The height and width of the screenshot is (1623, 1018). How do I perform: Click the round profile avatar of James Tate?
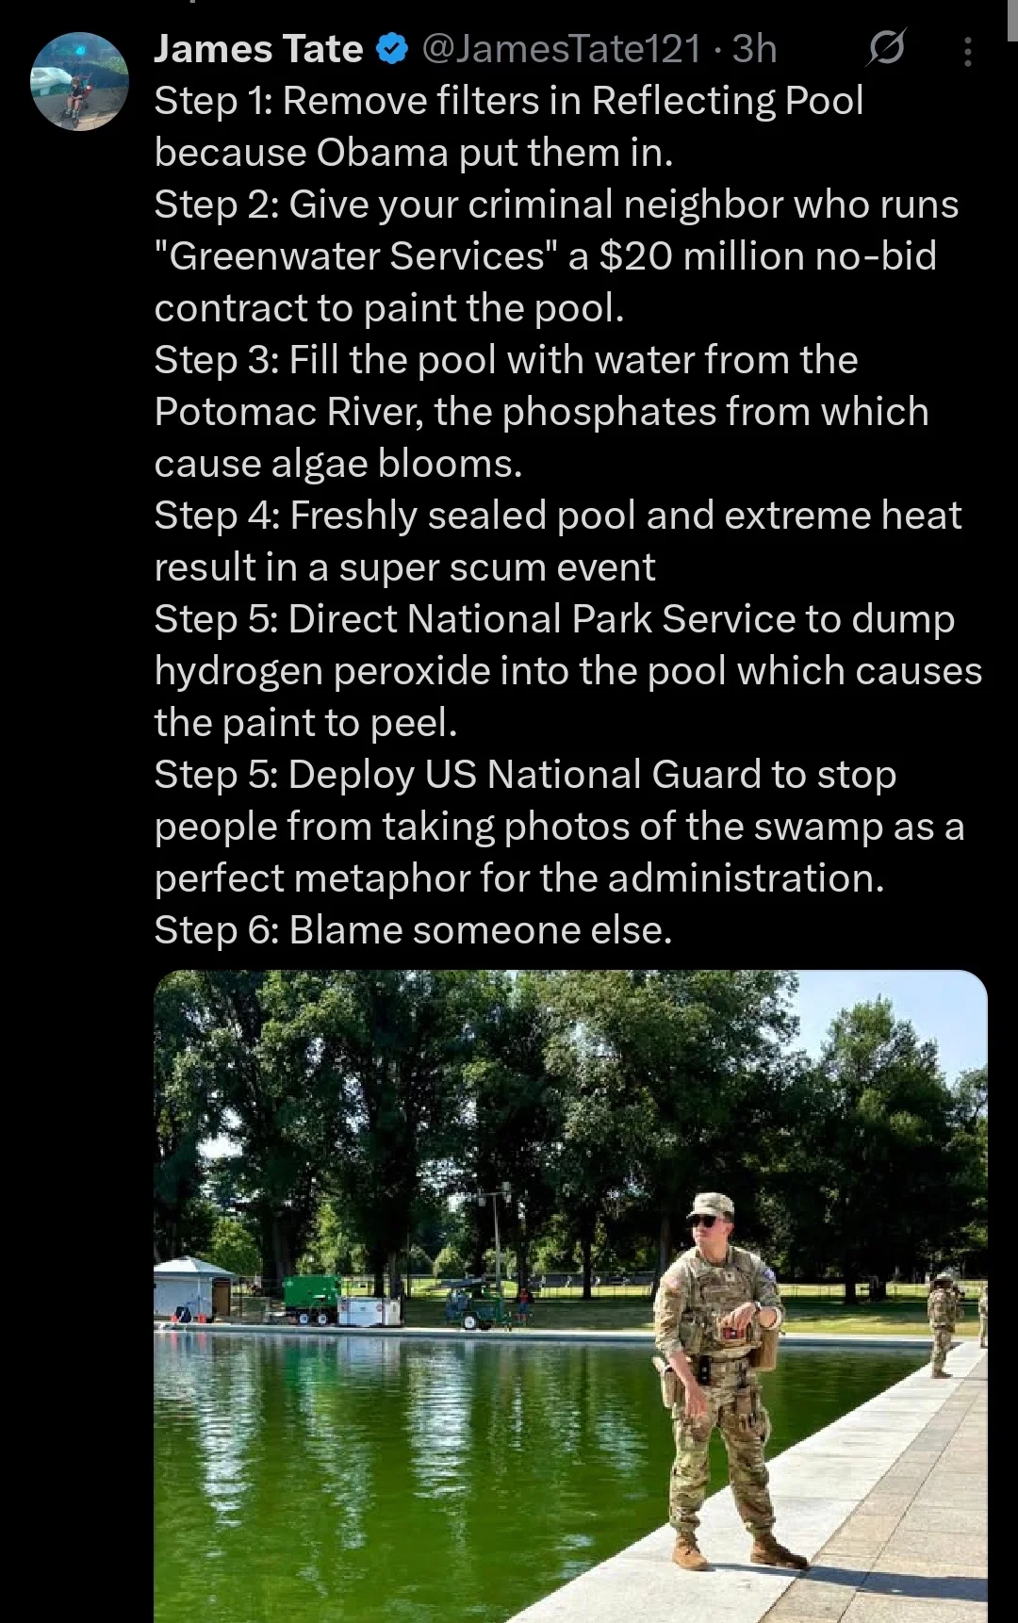79,81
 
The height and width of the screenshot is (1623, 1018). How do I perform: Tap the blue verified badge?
392,49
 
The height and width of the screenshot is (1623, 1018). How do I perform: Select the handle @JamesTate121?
562,49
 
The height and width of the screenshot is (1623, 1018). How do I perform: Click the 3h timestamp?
754,49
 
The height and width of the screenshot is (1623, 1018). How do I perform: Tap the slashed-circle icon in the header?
886,48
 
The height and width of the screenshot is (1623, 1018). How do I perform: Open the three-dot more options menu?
967,51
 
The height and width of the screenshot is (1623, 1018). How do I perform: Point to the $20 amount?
635,256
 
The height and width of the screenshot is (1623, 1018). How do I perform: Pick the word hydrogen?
239,672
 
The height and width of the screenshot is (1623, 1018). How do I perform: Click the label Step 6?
217,931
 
